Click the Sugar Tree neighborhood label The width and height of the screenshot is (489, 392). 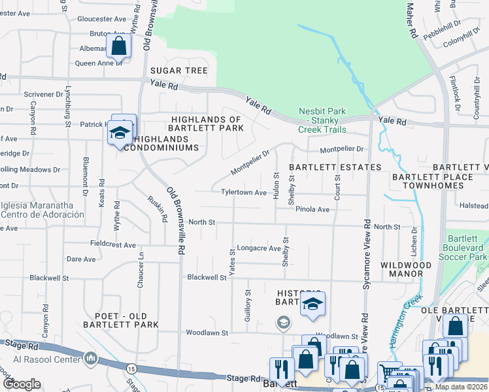178,71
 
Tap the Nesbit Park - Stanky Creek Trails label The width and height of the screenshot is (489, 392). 322,120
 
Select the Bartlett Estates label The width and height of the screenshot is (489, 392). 335,167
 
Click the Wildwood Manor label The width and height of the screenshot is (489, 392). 410,269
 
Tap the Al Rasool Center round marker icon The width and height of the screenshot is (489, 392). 90,358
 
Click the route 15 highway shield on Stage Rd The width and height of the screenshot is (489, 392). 131,369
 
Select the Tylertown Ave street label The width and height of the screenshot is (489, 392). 244,193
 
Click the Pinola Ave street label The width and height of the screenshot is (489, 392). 312,209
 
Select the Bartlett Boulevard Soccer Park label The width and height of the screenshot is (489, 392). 466,248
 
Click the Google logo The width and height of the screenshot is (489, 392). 22,384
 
